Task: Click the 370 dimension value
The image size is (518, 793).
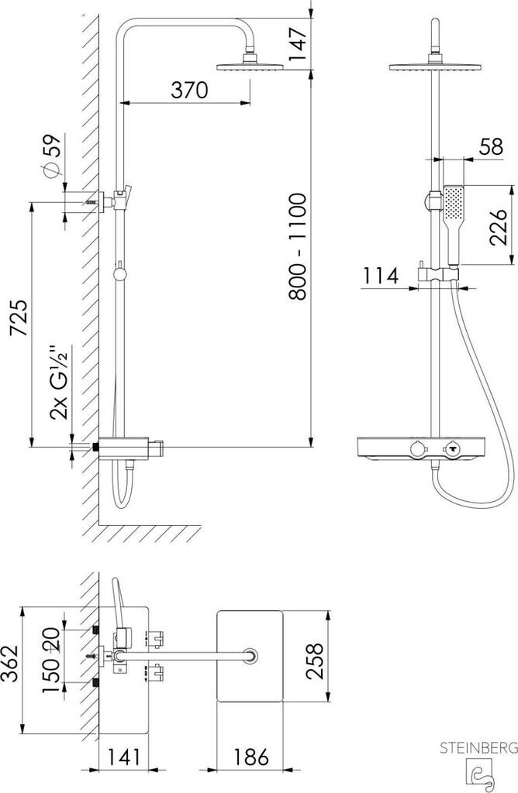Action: pos(189,90)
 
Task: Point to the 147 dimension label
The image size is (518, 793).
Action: pos(298,44)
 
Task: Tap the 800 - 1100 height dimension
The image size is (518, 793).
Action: pos(297,246)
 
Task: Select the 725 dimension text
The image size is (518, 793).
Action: pos(19,318)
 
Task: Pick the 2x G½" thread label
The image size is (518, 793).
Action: pos(59,383)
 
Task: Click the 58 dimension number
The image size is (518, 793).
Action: pos(491,146)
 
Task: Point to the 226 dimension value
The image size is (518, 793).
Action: pos(498,227)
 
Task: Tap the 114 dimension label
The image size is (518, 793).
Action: pos(381,276)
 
